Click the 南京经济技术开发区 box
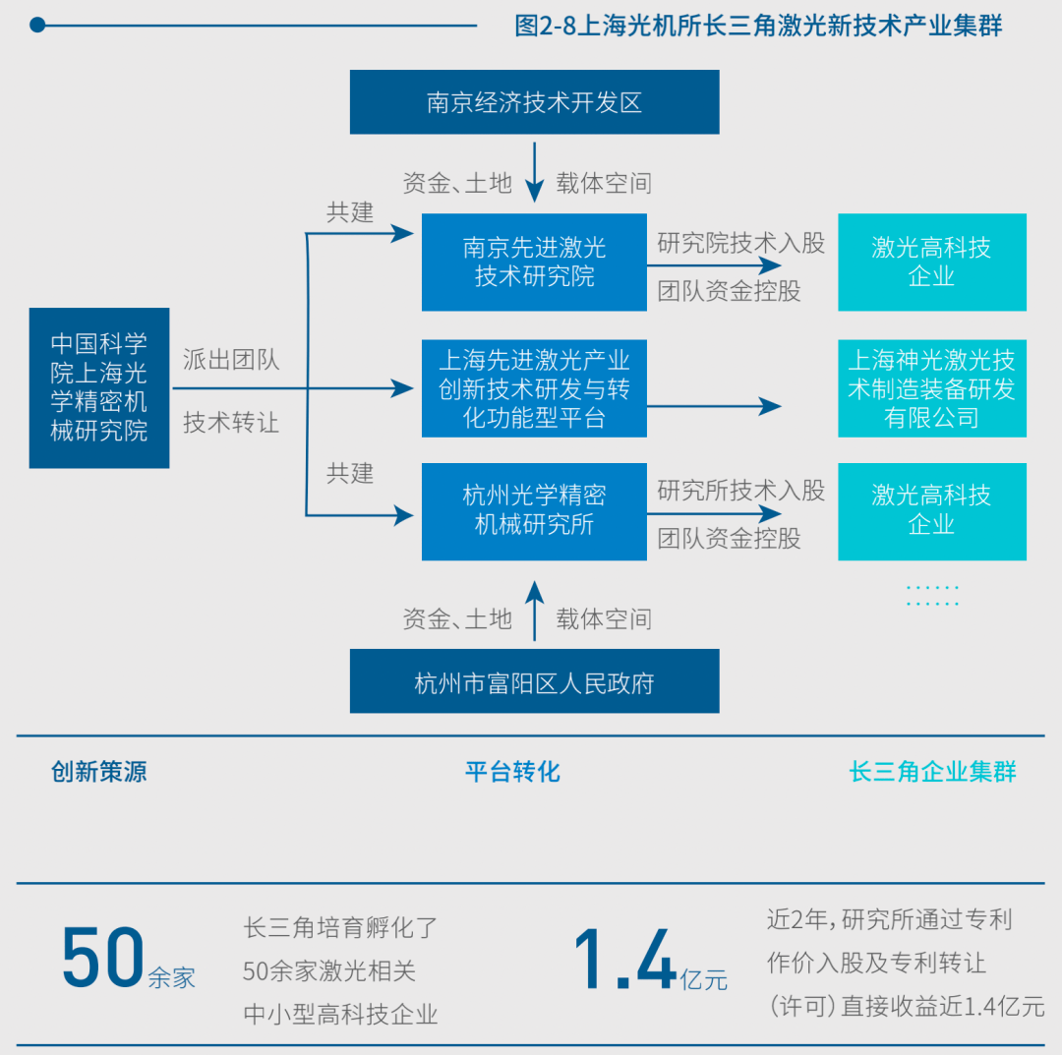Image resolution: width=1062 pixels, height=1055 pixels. pyautogui.click(x=534, y=102)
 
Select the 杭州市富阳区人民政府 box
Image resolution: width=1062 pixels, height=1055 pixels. pyautogui.click(x=534, y=681)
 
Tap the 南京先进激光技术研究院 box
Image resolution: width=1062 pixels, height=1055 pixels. pyautogui.click(x=534, y=263)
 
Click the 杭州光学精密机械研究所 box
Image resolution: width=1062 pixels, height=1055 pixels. pyautogui.click(x=534, y=510)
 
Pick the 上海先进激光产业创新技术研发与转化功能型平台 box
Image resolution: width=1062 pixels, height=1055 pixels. pyautogui.click(x=534, y=388)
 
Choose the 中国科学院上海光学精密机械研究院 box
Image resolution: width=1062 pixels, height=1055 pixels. pyautogui.click(x=99, y=387)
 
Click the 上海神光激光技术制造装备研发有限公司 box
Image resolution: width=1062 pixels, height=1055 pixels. pyautogui.click(x=931, y=388)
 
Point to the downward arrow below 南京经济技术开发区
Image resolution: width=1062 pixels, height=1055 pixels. pyautogui.click(x=534, y=174)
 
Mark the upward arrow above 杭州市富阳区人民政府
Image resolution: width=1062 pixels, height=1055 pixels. pyautogui.click(x=534, y=609)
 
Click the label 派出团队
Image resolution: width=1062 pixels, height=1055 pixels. pyautogui.click(x=231, y=360)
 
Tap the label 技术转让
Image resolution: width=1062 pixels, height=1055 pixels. pyautogui.click(x=231, y=423)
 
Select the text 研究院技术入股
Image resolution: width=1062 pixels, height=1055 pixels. pyautogui.click(x=740, y=243)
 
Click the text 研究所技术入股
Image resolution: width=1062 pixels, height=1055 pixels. pyautogui.click(x=740, y=490)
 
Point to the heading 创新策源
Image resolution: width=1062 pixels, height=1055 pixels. pyautogui.click(x=99, y=772)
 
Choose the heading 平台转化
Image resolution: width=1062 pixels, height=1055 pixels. pyautogui.click(x=512, y=772)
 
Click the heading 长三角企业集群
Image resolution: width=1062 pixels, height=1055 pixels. pyautogui.click(x=932, y=772)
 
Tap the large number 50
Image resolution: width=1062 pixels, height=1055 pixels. pyautogui.click(x=102, y=958)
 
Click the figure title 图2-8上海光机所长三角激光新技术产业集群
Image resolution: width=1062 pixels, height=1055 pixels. pyautogui.click(x=758, y=26)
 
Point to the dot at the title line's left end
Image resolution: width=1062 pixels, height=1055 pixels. pyautogui.click(x=37, y=25)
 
